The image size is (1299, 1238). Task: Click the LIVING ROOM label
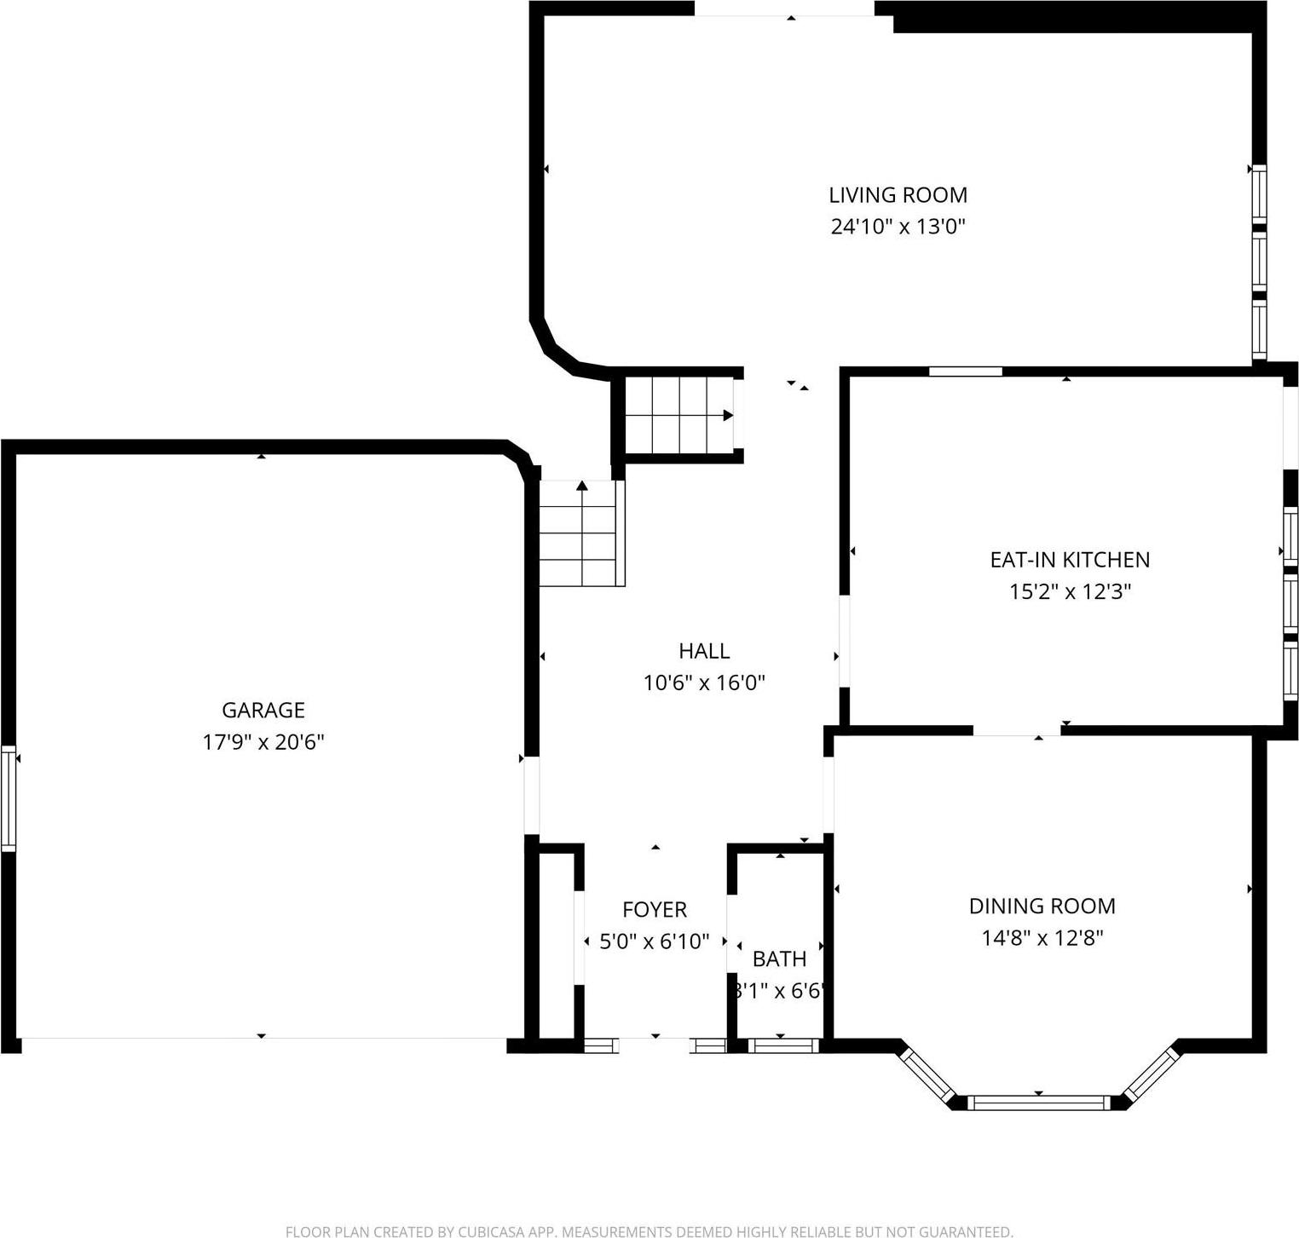click(898, 195)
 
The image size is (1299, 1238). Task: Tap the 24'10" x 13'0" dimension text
click(898, 227)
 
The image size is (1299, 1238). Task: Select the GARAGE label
click(263, 710)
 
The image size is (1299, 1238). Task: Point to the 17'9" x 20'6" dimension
click(263, 742)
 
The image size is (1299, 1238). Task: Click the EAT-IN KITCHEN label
click(1069, 560)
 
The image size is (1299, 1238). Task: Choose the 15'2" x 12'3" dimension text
click(1069, 591)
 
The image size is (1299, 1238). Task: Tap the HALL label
click(704, 651)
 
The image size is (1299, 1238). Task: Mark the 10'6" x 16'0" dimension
click(704, 682)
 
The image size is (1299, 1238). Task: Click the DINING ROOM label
click(1042, 906)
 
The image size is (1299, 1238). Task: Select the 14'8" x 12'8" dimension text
click(1042, 938)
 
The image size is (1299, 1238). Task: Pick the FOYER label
click(654, 910)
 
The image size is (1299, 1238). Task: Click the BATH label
click(779, 959)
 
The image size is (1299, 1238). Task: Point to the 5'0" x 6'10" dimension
click(654, 941)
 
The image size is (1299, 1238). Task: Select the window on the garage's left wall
click(9, 798)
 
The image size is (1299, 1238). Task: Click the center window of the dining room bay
click(1038, 1103)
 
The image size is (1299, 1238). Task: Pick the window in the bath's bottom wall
click(780, 1045)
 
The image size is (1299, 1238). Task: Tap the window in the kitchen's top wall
click(965, 371)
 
